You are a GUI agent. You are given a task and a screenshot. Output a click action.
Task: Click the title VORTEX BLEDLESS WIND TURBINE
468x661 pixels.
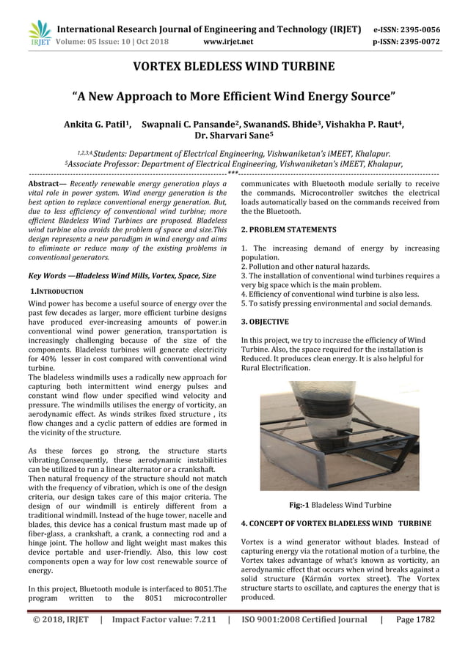(x=233, y=67)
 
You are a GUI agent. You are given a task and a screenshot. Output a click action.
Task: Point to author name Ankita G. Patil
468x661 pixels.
(x=100, y=124)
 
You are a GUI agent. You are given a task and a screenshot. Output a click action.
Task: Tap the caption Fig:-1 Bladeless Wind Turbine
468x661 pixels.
(x=340, y=505)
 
